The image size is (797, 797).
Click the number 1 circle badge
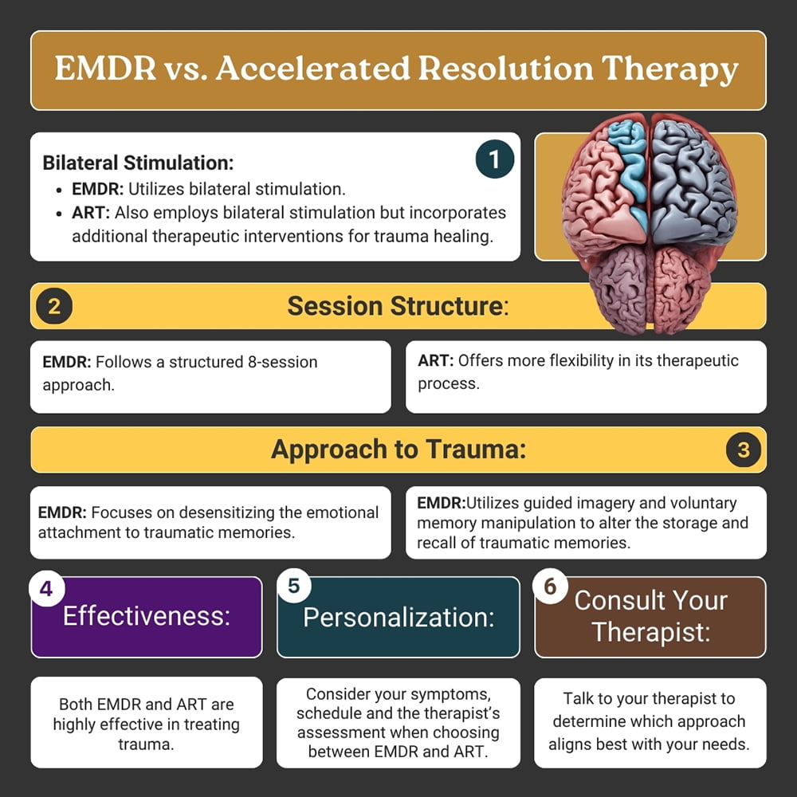[x=495, y=159]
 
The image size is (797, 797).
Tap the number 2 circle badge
[x=54, y=306]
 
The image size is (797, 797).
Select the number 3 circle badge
[x=743, y=450]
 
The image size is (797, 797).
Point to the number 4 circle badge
[x=46, y=589]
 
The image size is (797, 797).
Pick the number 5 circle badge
[x=294, y=586]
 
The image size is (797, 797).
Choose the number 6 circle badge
[x=550, y=586]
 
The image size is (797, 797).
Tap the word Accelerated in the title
[x=312, y=68]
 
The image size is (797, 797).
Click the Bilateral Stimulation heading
[x=138, y=163]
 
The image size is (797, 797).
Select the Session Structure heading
[x=398, y=306]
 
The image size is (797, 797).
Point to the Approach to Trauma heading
[x=398, y=450]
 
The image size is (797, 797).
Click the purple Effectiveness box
[x=147, y=617]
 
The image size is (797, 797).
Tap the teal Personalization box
[x=398, y=617]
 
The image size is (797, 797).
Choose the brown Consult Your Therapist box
[x=650, y=617]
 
